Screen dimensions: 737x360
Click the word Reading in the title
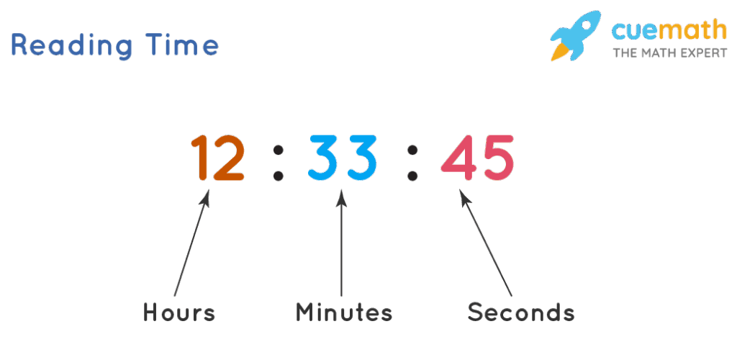pyautogui.click(x=71, y=46)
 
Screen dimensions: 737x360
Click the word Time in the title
pyautogui.click(x=182, y=45)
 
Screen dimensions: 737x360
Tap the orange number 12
pyautogui.click(x=217, y=158)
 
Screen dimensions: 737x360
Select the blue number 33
pyautogui.click(x=343, y=158)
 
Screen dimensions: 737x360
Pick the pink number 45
pyautogui.click(x=477, y=158)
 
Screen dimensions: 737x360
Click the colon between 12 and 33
pyautogui.click(x=279, y=163)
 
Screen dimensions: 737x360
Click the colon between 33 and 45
pyautogui.click(x=412, y=163)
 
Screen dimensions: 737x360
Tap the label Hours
pyautogui.click(x=179, y=312)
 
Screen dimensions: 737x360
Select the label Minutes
pyautogui.click(x=344, y=312)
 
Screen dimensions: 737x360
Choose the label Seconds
pyautogui.click(x=521, y=312)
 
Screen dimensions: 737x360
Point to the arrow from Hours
pyautogui.click(x=191, y=243)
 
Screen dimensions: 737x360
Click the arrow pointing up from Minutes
pyautogui.click(x=342, y=243)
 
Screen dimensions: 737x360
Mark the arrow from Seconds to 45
pyautogui.click(x=486, y=243)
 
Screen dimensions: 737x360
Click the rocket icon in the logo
pyautogui.click(x=576, y=35)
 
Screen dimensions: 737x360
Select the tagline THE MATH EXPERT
pyautogui.click(x=670, y=53)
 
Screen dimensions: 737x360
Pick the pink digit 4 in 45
pyautogui.click(x=458, y=158)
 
